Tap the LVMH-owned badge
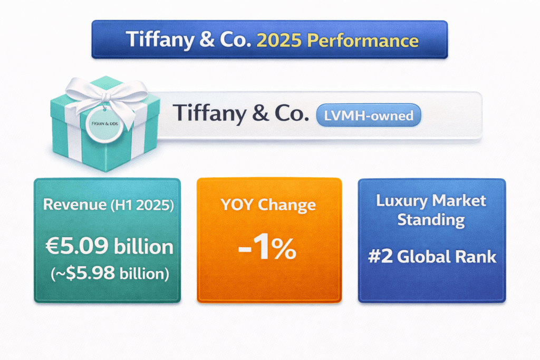369,115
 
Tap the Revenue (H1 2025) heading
108,204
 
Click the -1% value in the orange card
267,250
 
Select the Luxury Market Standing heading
431,210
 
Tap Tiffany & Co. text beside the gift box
240,114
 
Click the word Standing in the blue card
431,219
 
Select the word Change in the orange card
290,204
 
